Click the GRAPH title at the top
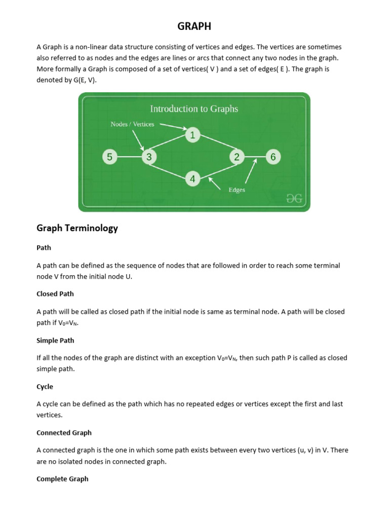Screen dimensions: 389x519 point(194,26)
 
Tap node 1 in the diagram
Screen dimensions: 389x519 point(192,135)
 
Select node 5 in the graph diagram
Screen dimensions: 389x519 point(109,157)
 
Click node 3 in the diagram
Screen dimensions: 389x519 point(149,157)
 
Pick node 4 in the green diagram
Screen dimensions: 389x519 point(192,178)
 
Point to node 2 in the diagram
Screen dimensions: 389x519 point(237,157)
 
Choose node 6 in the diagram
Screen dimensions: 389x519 point(273,157)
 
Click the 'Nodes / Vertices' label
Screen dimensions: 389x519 point(132,124)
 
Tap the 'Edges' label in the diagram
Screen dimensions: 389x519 point(237,190)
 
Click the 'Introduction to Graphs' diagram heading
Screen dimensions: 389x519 point(194,108)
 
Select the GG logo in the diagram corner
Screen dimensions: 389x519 point(294,199)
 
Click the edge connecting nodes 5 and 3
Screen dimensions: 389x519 point(129,157)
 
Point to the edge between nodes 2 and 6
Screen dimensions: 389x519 point(255,157)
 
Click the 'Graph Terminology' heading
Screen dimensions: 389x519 point(77,228)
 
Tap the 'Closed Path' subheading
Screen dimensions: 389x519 point(55,294)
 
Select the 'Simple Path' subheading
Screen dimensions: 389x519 point(55,340)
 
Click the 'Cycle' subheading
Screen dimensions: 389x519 point(45,387)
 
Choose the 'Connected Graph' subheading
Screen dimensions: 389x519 point(64,433)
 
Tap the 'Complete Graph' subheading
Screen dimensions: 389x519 point(62,479)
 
